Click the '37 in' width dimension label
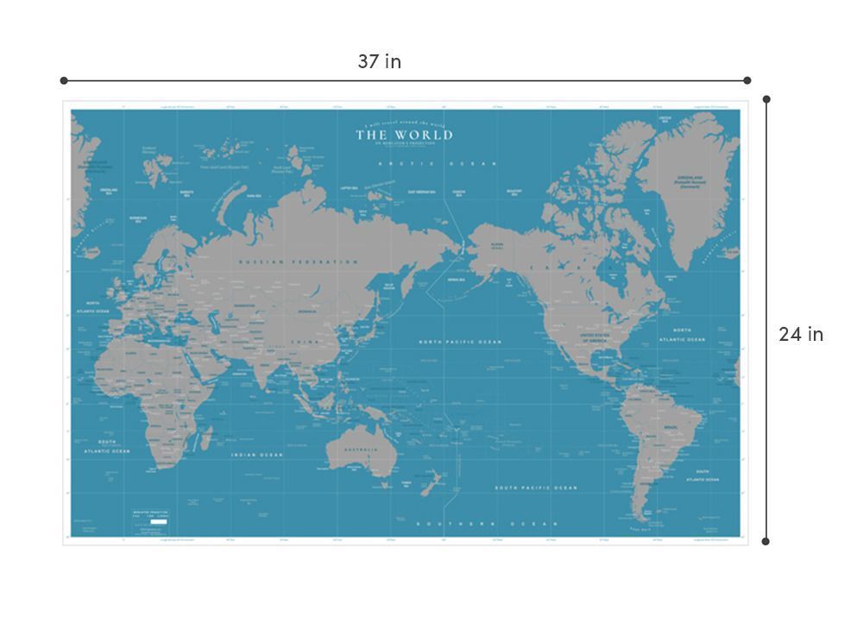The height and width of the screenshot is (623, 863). pyautogui.click(x=380, y=62)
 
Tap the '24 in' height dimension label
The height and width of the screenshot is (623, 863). pyautogui.click(x=801, y=335)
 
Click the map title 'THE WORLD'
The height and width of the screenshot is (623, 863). pyautogui.click(x=404, y=135)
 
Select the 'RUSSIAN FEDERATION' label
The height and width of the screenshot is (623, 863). pyautogui.click(x=298, y=261)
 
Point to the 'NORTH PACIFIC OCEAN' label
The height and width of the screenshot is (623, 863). pyautogui.click(x=460, y=343)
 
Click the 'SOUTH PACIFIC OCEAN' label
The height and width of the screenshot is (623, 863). pyautogui.click(x=535, y=488)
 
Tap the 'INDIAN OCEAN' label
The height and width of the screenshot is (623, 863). pyautogui.click(x=256, y=455)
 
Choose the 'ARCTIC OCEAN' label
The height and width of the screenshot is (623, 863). pyautogui.click(x=438, y=163)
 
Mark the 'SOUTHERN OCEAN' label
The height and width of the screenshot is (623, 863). pyautogui.click(x=488, y=524)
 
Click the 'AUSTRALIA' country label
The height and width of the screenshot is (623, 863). pyautogui.click(x=362, y=450)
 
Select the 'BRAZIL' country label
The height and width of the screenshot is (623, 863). pyautogui.click(x=670, y=428)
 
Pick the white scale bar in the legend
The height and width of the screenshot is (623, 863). pyautogui.click(x=158, y=522)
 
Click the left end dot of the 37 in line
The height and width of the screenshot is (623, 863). pyautogui.click(x=64, y=80)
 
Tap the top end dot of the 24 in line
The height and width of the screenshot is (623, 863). pyautogui.click(x=766, y=99)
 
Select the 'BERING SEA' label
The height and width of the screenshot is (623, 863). pyautogui.click(x=457, y=280)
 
